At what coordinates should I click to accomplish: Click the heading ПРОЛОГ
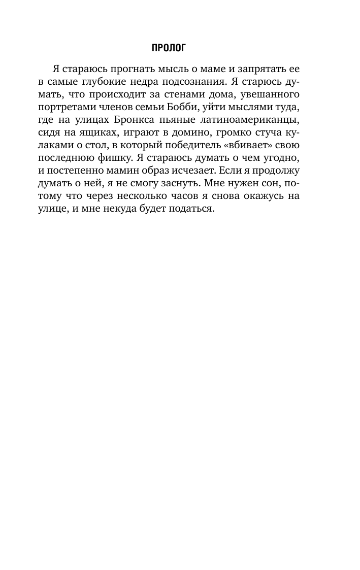point(169,48)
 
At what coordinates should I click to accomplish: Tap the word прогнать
point(123,69)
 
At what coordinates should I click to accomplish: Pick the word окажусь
point(250,200)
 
